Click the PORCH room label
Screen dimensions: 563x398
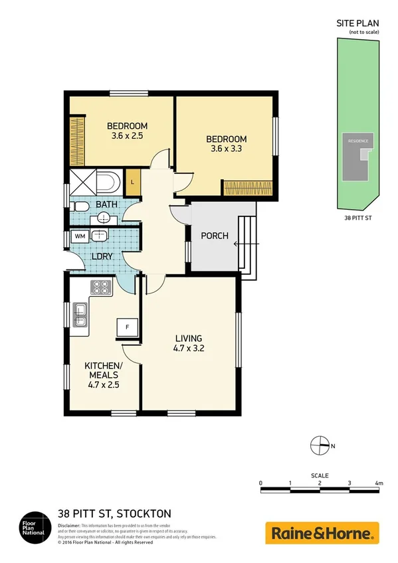(214, 236)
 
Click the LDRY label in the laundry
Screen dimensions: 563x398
(101, 256)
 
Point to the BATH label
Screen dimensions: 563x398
(106, 205)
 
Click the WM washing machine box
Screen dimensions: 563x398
(80, 236)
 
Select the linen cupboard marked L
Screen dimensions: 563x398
(133, 182)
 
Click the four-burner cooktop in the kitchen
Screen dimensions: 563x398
(101, 288)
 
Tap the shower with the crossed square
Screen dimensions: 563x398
(83, 181)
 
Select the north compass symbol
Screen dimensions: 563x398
(320, 446)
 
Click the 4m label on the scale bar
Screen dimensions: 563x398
(378, 483)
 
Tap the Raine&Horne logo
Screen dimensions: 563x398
(322, 532)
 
